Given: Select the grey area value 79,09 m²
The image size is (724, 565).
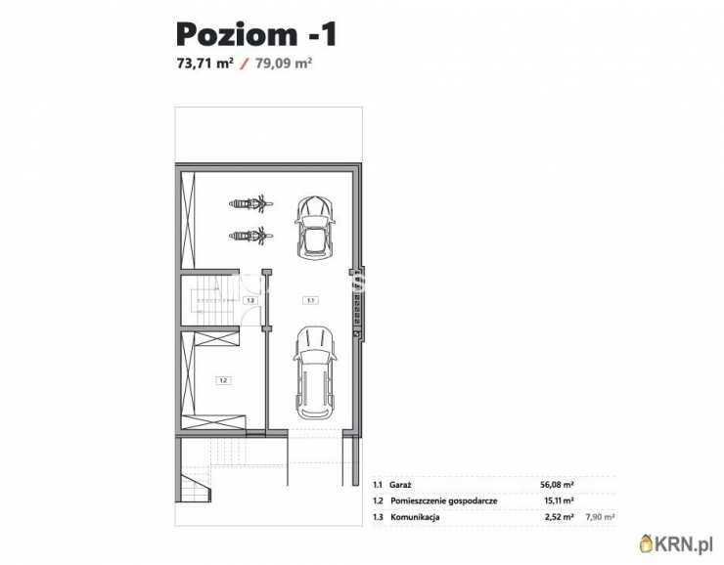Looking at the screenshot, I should (283, 65).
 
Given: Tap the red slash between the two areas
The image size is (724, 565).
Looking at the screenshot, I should (244, 65).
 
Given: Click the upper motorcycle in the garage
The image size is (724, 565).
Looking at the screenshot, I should (250, 203).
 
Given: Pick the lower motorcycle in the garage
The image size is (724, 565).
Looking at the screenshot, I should (250, 235).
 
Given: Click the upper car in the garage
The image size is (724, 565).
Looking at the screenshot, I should (315, 225).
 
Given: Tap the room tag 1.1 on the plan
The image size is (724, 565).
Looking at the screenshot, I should (309, 300).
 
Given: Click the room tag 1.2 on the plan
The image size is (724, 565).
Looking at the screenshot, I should (223, 380).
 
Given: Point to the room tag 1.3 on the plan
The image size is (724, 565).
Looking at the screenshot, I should (250, 300).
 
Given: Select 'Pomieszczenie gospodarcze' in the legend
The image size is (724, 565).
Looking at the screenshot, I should (447, 500).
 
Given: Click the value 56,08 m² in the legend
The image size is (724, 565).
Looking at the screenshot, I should (557, 484).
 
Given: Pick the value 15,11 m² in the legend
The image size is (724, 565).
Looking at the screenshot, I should (558, 500).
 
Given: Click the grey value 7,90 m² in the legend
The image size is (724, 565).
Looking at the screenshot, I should (599, 517).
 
